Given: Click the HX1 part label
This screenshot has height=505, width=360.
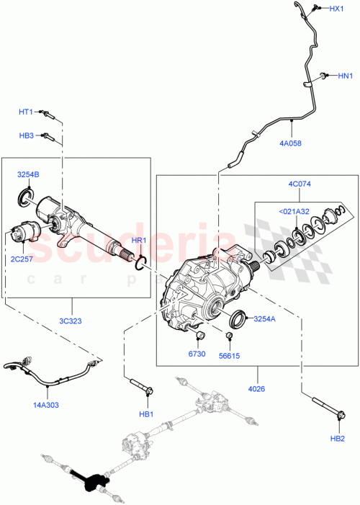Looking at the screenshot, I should pos(336,9).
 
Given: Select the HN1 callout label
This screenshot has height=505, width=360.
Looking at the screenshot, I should pos(345,75).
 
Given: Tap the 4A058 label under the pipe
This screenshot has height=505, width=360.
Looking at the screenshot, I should pos(290,143).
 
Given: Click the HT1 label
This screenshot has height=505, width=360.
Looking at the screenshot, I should pos(27,112).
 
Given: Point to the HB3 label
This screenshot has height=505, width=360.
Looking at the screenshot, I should pos(27,135).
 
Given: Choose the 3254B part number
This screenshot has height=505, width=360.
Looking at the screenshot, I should pos(28,175).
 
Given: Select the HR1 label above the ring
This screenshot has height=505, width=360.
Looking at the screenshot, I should pos(139,240).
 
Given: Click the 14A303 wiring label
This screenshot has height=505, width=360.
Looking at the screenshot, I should pos(47,405).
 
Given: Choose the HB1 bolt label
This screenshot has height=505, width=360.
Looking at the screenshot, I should pos(147,414).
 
